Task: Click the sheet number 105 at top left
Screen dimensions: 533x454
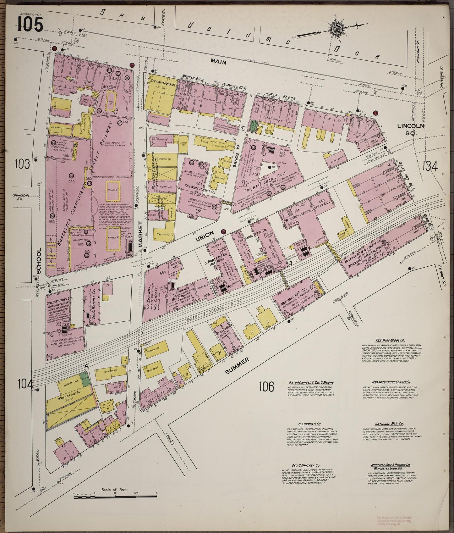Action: point(30,24)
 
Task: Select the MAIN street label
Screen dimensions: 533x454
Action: point(219,62)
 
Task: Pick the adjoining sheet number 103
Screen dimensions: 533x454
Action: point(24,164)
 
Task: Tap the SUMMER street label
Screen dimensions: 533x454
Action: point(237,366)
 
